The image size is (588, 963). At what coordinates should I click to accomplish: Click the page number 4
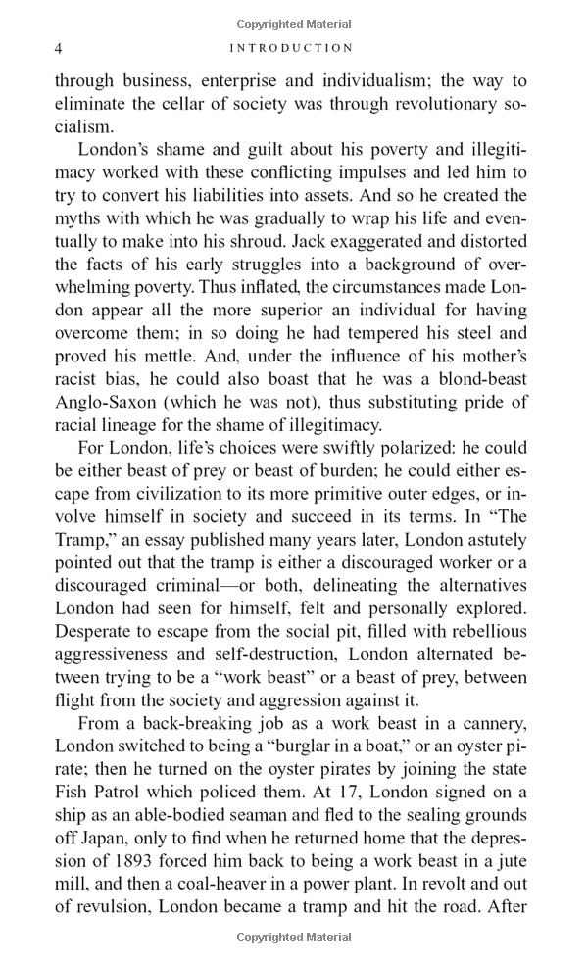click(59, 48)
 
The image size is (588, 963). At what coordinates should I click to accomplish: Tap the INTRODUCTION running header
click(290, 48)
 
